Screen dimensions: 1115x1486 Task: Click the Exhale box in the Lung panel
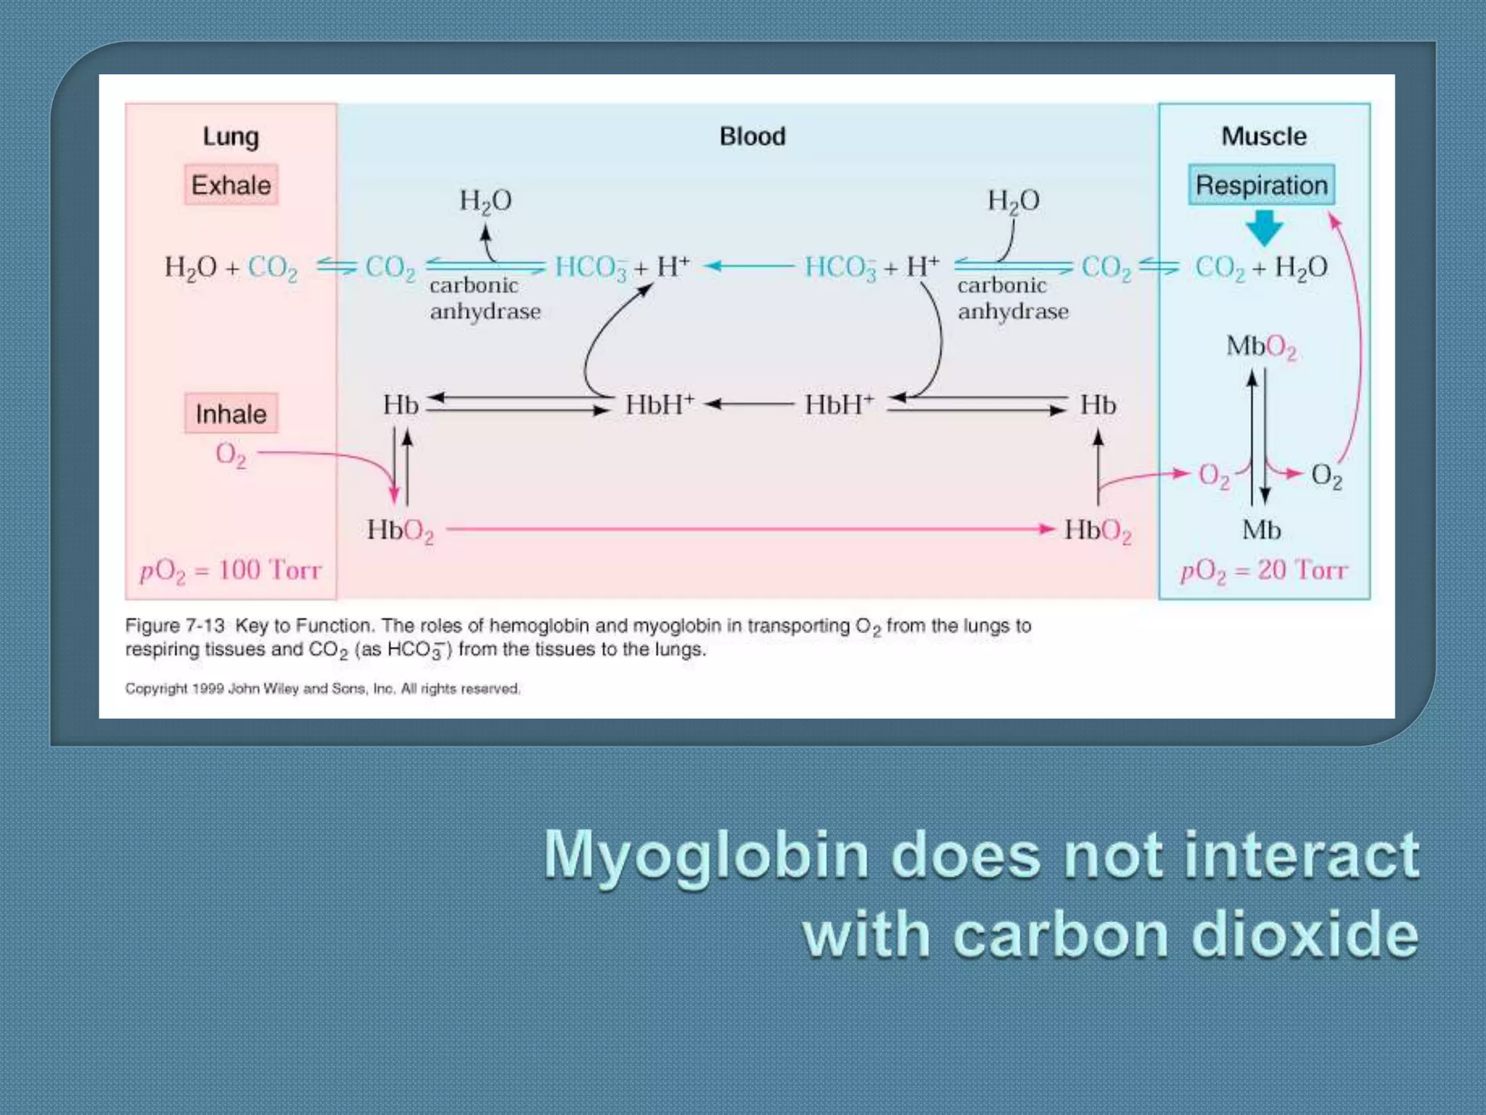point(231,185)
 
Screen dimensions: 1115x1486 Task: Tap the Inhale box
point(231,414)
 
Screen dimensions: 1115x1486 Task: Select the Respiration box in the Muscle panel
point(1261,185)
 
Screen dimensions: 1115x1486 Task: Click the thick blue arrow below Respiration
point(1264,228)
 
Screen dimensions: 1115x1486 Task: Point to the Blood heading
point(752,136)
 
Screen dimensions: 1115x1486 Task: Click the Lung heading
point(231,136)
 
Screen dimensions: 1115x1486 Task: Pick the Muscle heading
point(1264,136)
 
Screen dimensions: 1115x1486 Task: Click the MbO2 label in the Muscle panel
point(1261,347)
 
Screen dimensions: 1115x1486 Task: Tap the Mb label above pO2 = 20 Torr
point(1261,531)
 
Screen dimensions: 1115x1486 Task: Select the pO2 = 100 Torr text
point(231,571)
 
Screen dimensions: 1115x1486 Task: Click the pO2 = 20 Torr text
point(1264,571)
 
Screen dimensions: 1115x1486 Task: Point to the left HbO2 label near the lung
point(400,531)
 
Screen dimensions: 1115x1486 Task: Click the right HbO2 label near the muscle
point(1097,531)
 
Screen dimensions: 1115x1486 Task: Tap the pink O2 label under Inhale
point(231,455)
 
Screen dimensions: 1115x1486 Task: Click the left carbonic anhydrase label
point(485,298)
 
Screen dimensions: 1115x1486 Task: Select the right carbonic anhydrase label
point(1013,298)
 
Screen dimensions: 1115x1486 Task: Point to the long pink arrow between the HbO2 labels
point(747,529)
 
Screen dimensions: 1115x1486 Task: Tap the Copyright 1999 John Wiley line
point(322,688)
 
